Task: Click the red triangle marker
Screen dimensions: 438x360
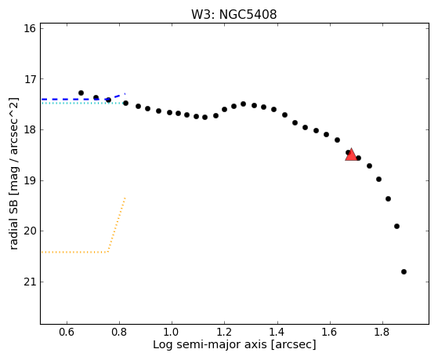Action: click(351, 155)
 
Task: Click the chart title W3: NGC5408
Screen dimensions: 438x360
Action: click(233, 15)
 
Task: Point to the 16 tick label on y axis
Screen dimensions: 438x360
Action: click(30, 28)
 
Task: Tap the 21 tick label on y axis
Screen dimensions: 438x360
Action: click(30, 282)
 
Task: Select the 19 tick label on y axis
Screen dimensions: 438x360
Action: click(30, 180)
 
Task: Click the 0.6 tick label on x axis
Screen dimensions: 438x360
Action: click(67, 332)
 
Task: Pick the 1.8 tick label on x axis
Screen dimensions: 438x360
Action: click(382, 332)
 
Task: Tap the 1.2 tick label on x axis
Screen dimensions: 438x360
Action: click(225, 332)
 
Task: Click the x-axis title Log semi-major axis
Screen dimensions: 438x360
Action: click(210, 344)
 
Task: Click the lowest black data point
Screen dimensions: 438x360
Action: click(404, 271)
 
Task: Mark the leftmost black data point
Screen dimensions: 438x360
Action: click(81, 93)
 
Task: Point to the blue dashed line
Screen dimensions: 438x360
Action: click(83, 99)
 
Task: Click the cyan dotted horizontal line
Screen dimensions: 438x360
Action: click(83, 104)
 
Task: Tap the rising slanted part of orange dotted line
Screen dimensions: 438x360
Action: click(117, 225)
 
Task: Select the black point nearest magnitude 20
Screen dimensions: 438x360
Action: click(396, 227)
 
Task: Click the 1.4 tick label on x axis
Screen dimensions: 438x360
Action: click(277, 332)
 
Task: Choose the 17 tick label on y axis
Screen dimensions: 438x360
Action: click(30, 79)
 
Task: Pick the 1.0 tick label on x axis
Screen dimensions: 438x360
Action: click(172, 332)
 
